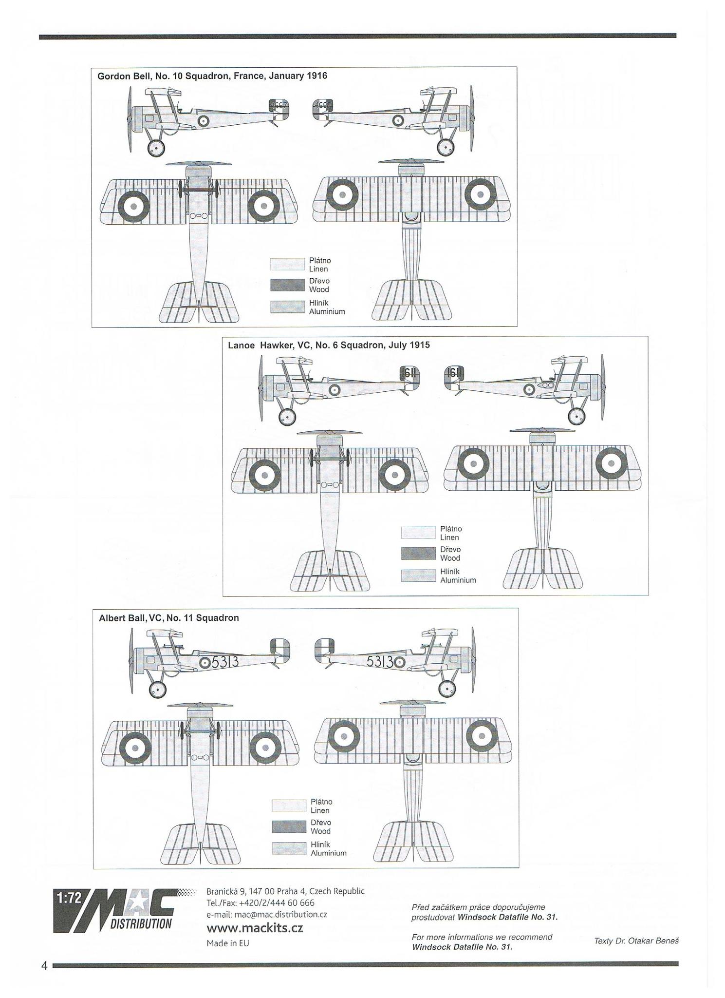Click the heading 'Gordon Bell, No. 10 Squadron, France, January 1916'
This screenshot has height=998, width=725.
click(x=212, y=76)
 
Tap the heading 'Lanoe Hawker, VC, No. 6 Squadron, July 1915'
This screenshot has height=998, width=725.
click(x=329, y=345)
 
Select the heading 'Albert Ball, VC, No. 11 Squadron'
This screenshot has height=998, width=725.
click(x=169, y=618)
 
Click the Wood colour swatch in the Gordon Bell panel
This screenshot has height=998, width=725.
click(x=287, y=285)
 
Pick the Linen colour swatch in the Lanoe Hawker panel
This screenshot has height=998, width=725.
click(x=418, y=533)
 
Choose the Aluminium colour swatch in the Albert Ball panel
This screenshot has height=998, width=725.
click(x=289, y=848)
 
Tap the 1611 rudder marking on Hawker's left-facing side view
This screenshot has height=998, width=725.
click(x=409, y=374)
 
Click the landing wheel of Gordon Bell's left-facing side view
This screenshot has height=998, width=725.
click(x=156, y=147)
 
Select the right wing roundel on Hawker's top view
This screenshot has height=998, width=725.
click(x=612, y=462)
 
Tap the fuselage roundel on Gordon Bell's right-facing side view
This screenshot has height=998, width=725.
click(x=398, y=119)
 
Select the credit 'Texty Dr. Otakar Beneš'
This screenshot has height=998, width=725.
click(x=636, y=941)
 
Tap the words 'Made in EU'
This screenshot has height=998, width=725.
click(x=227, y=943)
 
